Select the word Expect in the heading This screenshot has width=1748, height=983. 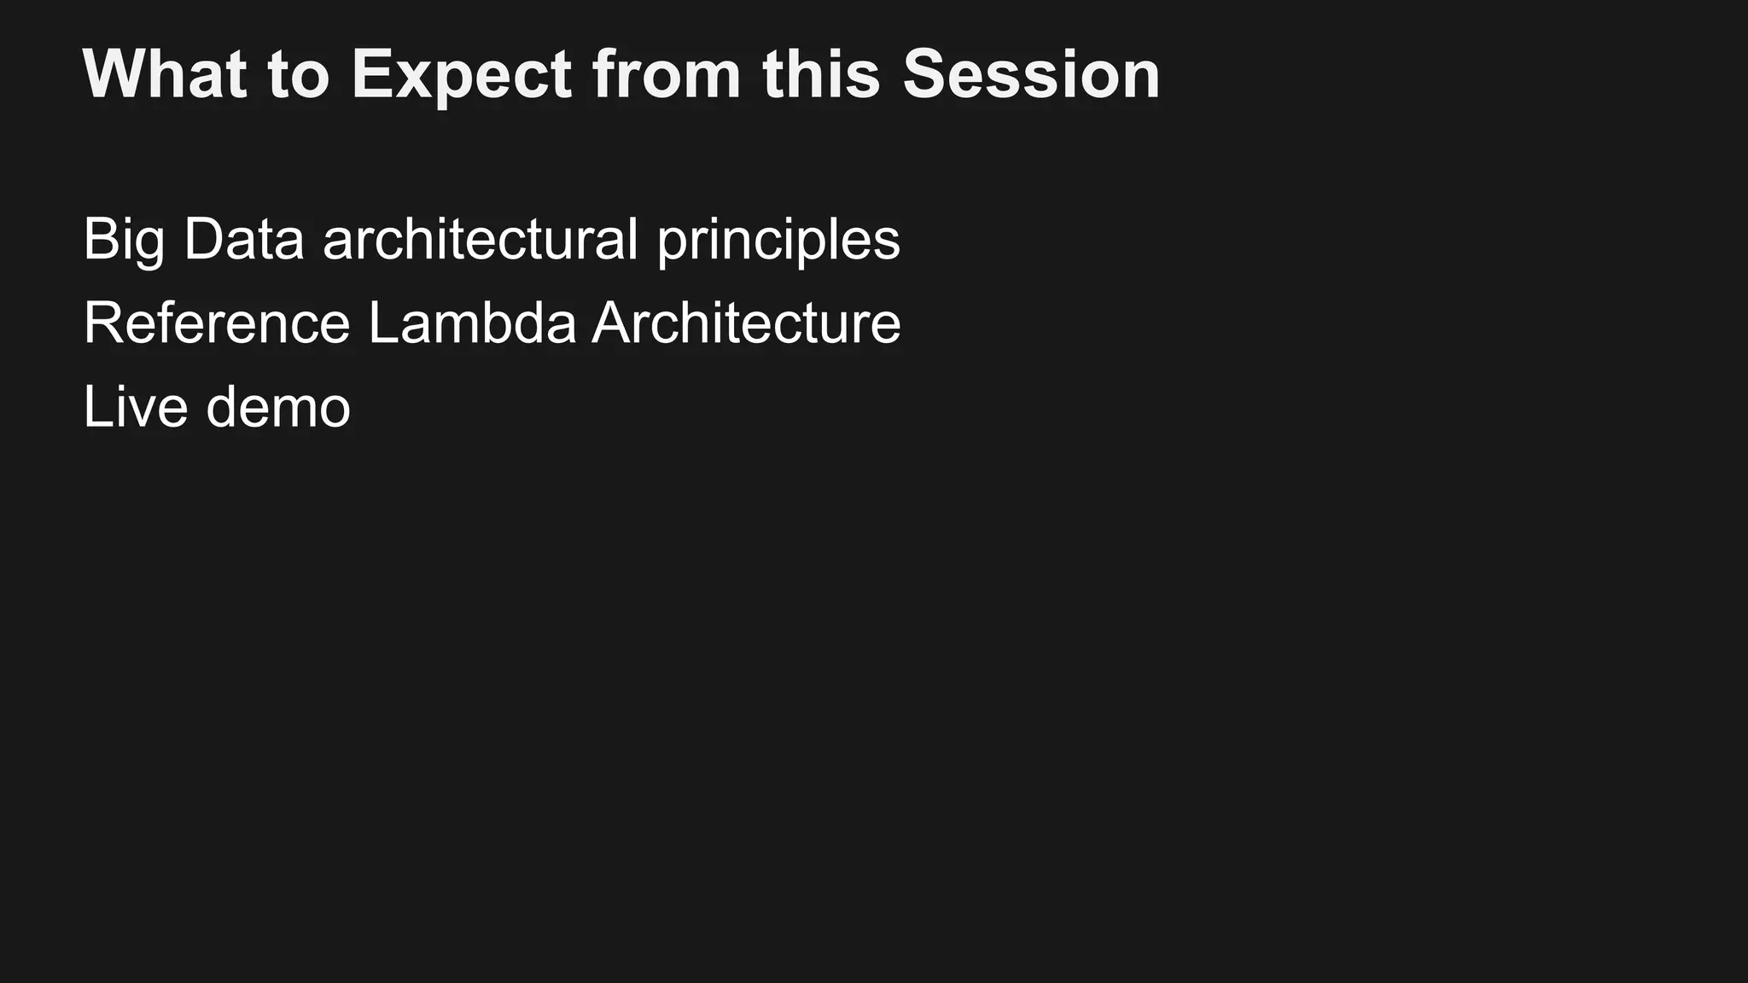pyautogui.click(x=461, y=74)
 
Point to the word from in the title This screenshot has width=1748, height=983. pyautogui.click(x=667, y=74)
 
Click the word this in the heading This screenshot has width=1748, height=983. pyautogui.click(x=821, y=74)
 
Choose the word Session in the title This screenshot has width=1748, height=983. pyautogui.click(x=1031, y=74)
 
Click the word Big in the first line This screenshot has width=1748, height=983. pyautogui.click(x=123, y=241)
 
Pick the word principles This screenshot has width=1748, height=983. pyautogui.click(x=778, y=241)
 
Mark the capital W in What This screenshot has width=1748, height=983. pyautogui.click(x=111, y=74)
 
